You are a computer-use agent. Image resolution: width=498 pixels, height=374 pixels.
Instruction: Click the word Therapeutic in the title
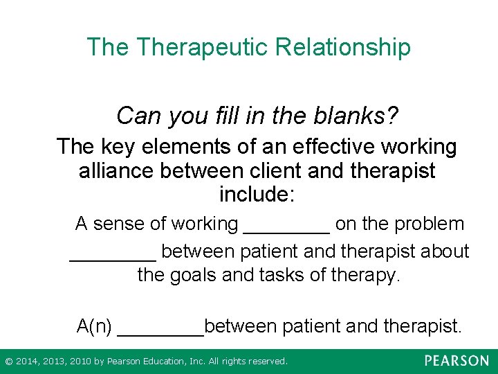point(202,47)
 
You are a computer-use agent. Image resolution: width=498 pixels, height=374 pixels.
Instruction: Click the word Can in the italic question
point(137,115)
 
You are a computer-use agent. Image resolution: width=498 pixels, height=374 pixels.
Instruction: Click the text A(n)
point(94,325)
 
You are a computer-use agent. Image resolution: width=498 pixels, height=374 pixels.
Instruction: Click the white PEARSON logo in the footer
point(456,361)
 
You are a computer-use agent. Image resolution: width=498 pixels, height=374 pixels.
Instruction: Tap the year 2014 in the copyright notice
point(28,362)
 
